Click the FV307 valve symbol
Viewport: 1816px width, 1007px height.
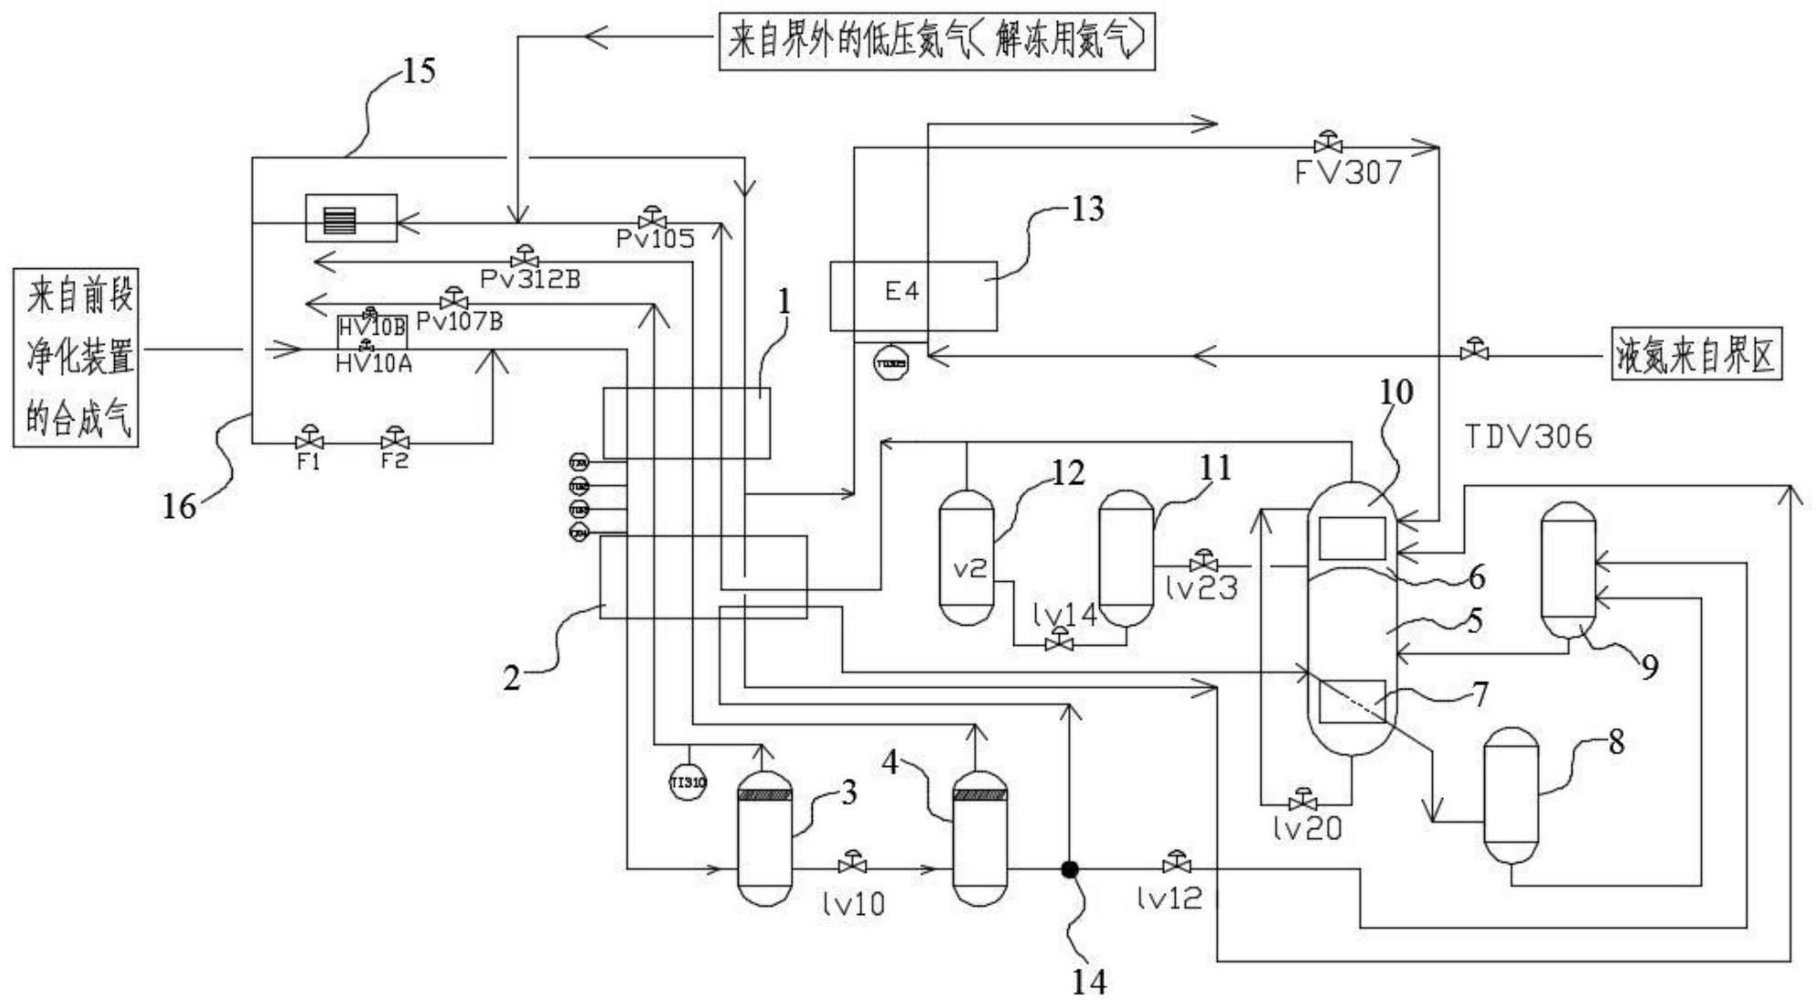pos(1327,144)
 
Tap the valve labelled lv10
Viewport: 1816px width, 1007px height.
pos(853,863)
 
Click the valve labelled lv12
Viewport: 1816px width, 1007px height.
pos(1177,862)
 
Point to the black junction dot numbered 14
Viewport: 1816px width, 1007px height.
pos(1070,869)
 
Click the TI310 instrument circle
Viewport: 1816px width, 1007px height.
pos(688,783)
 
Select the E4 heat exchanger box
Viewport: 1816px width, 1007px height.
pos(913,296)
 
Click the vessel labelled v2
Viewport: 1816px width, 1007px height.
pos(967,557)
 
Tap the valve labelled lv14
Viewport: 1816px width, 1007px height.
pos(1059,640)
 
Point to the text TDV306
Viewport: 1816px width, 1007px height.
pos(1528,437)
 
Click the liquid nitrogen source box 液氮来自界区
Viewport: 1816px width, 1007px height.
pos(1696,354)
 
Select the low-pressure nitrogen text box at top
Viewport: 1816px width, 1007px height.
pos(937,41)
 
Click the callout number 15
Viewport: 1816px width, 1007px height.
pos(419,70)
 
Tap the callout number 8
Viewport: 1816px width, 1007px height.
pos(1615,742)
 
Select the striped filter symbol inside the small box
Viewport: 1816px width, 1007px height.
pos(339,219)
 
